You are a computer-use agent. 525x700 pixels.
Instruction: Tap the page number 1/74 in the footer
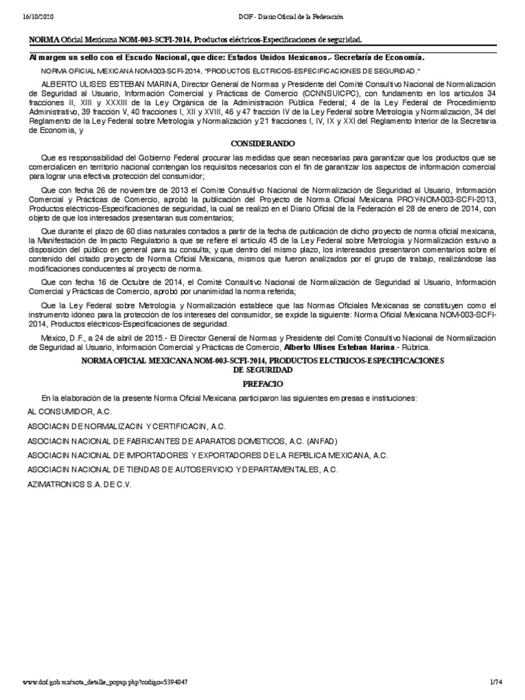[x=496, y=684]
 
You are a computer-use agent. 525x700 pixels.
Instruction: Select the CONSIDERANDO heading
[x=262, y=144]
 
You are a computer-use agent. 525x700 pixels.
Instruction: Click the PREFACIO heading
[x=262, y=384]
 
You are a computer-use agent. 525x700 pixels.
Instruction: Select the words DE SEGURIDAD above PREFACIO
[x=262, y=369]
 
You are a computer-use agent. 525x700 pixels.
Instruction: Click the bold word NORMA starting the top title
[x=43, y=40]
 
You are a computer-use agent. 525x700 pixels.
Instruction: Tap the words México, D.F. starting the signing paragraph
[x=62, y=338]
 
